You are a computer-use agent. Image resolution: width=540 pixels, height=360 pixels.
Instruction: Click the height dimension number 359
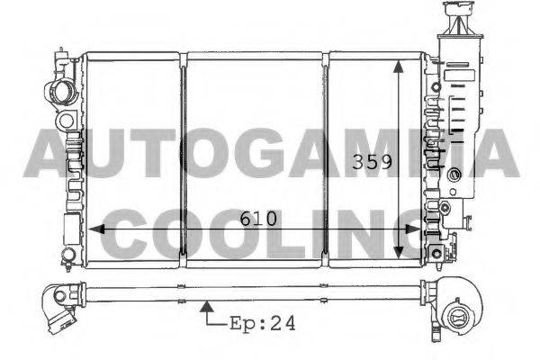[371, 164]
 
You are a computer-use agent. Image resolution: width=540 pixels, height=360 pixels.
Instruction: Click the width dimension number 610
[258, 219]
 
